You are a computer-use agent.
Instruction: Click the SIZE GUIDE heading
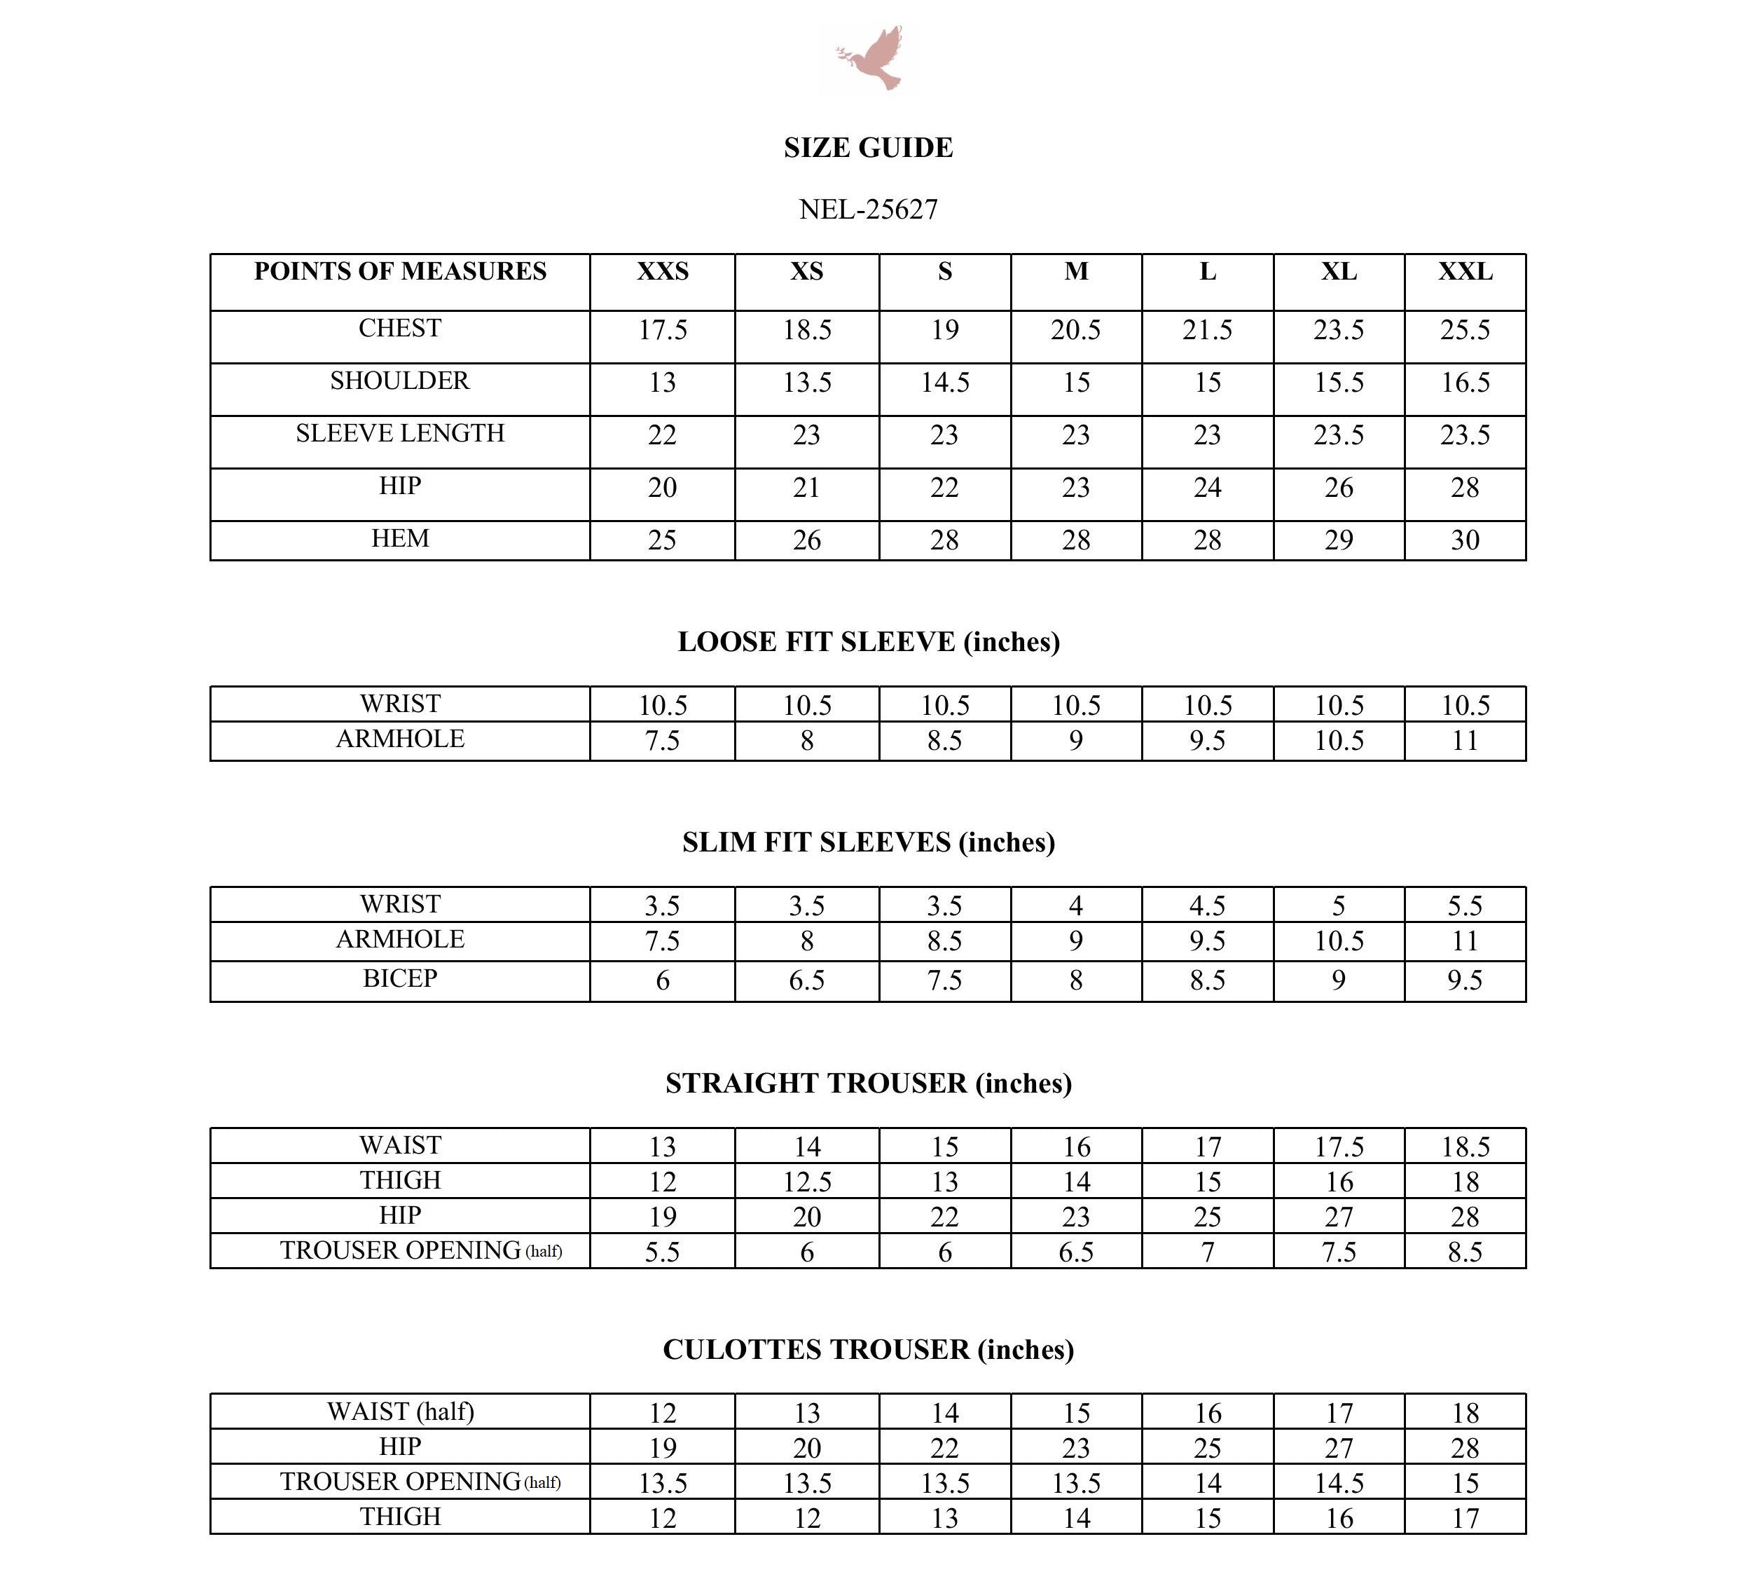click(x=868, y=147)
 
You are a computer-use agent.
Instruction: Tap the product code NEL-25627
click(x=868, y=209)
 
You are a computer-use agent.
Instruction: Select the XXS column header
click(x=662, y=272)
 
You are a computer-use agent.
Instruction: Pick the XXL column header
click(x=1465, y=272)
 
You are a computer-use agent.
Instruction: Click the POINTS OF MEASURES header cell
click(x=400, y=272)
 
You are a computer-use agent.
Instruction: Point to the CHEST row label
click(x=400, y=329)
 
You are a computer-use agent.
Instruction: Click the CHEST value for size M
click(x=1075, y=330)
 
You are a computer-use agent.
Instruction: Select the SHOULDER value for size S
click(x=945, y=383)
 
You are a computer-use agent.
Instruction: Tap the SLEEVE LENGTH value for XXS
click(x=662, y=435)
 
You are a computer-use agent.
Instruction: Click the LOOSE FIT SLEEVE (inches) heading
click(x=868, y=642)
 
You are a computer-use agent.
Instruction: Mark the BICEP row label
click(x=400, y=978)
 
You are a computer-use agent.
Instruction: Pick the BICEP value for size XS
click(x=807, y=980)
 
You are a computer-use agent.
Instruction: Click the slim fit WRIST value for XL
click(x=1338, y=906)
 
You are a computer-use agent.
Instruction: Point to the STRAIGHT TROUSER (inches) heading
click(x=868, y=1083)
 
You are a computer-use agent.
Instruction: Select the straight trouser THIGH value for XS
click(x=807, y=1182)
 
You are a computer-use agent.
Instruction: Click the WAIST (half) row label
click(x=400, y=1411)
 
